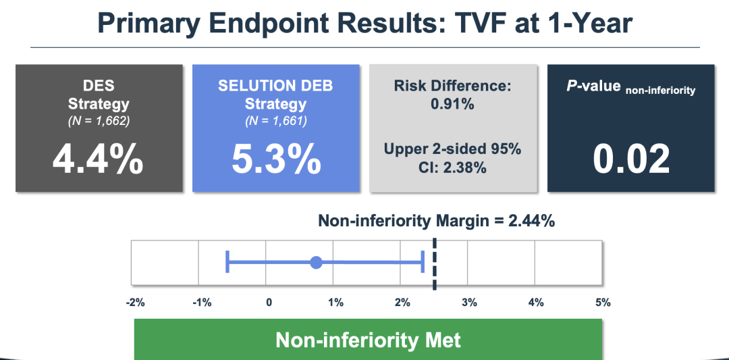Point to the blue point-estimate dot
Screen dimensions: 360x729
tap(316, 262)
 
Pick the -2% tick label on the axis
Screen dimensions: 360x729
tap(136, 302)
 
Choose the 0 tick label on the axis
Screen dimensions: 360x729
tap(269, 302)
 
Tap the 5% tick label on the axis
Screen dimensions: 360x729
tap(603, 302)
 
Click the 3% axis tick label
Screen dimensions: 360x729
tap(469, 302)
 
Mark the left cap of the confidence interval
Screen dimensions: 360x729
tap(227, 261)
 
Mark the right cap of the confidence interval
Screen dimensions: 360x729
tap(423, 261)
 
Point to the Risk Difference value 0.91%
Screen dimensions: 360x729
tap(452, 105)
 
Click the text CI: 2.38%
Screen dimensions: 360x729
tap(452, 167)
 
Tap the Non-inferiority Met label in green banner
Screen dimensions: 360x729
tap(368, 339)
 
